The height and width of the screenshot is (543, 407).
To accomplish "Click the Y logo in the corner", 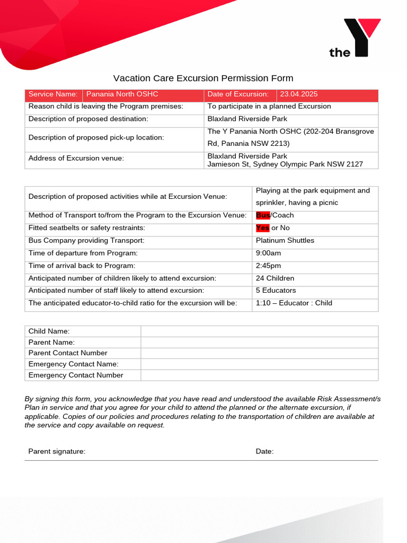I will (355, 38).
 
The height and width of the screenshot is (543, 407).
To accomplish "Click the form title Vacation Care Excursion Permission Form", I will (203, 78).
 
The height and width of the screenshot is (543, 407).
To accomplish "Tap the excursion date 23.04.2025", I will (299, 94).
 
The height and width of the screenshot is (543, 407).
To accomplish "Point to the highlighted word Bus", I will (263, 215).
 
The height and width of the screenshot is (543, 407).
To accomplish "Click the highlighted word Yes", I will (262, 228).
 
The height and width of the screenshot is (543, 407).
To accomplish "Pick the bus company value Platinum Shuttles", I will (285, 241).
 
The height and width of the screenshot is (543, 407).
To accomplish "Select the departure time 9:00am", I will (268, 253).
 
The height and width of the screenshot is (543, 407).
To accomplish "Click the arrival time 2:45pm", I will (268, 266).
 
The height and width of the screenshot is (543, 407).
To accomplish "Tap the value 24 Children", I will (275, 278).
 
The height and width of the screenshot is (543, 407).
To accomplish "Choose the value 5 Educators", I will (276, 291).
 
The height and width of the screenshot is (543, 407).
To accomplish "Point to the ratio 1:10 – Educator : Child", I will (294, 303).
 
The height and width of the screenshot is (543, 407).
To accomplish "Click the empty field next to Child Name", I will (259, 331).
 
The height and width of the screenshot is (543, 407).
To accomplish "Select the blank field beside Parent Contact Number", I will (259, 353).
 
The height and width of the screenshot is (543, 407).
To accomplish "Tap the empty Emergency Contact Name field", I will (259, 364).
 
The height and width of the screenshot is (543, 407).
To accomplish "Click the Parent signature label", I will (57, 451).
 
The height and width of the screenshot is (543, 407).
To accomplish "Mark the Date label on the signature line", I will (264, 451).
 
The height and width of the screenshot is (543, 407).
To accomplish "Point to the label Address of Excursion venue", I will (76, 159).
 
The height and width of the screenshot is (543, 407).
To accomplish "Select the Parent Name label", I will (51, 343).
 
